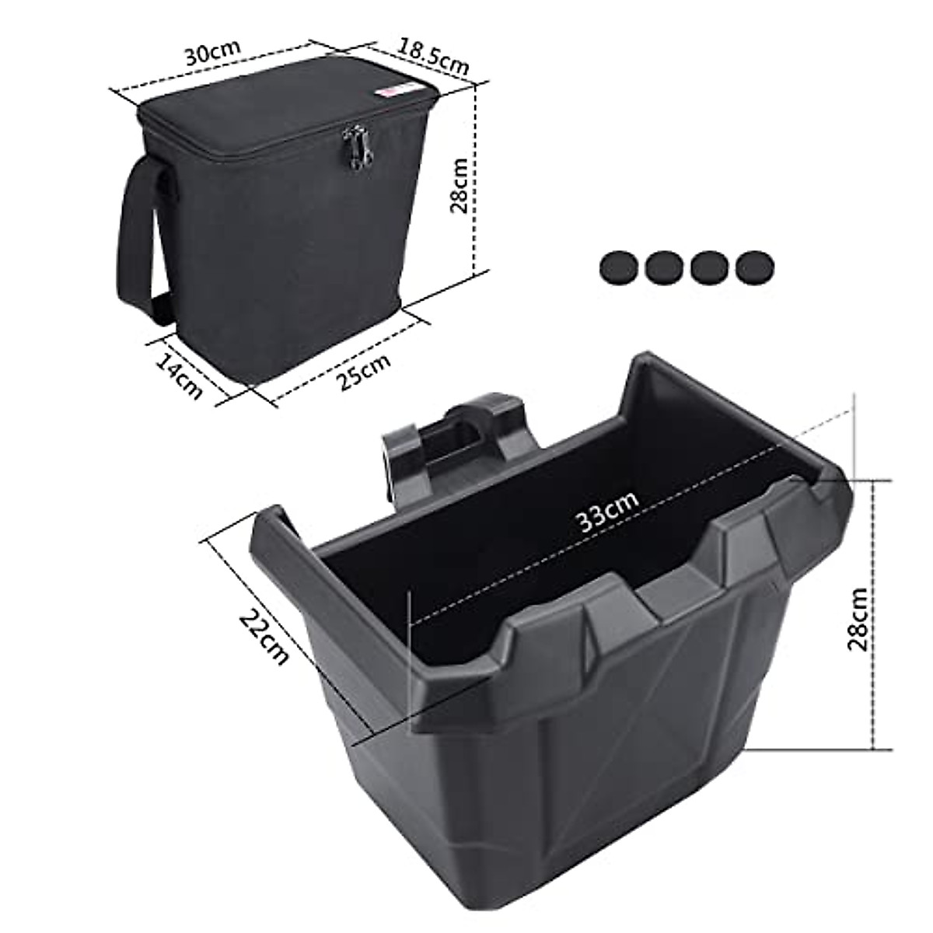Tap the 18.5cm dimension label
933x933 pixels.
click(435, 55)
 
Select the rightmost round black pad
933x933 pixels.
click(754, 268)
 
